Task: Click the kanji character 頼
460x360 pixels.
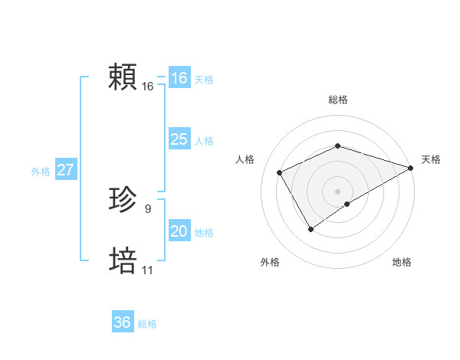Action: [123, 78]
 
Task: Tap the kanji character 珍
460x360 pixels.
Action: [123, 201]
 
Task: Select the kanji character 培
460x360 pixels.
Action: [123, 261]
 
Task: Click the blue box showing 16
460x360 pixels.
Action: [179, 78]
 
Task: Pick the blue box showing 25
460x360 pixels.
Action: [179, 139]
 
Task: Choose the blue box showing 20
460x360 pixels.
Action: [179, 231]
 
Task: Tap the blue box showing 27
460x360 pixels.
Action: [65, 170]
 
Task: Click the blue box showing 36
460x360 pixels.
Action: [122, 322]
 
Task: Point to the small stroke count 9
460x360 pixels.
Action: [148, 208]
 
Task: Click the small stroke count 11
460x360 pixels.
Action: [147, 270]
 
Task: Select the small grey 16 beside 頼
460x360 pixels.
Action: [147, 87]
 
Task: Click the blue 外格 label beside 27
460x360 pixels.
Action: [41, 172]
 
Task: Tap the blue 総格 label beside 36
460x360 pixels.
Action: [147, 324]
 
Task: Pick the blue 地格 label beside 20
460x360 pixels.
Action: [204, 233]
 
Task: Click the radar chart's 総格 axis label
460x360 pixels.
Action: [337, 100]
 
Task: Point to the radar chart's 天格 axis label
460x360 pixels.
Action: [431, 159]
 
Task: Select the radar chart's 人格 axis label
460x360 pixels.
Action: [245, 159]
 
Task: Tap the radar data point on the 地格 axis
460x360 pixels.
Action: [347, 204]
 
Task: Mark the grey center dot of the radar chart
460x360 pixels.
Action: [337, 191]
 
